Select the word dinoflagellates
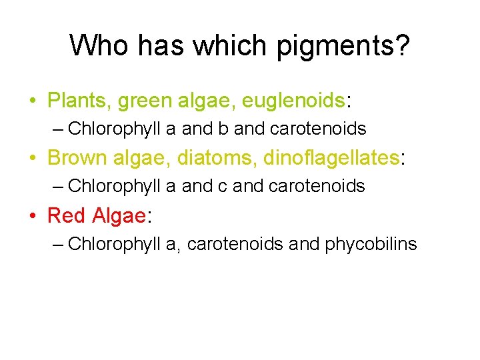click(330, 158)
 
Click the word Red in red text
click(67, 215)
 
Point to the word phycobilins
click(371, 244)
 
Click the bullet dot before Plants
click(33, 102)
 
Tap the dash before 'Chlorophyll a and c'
click(57, 186)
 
